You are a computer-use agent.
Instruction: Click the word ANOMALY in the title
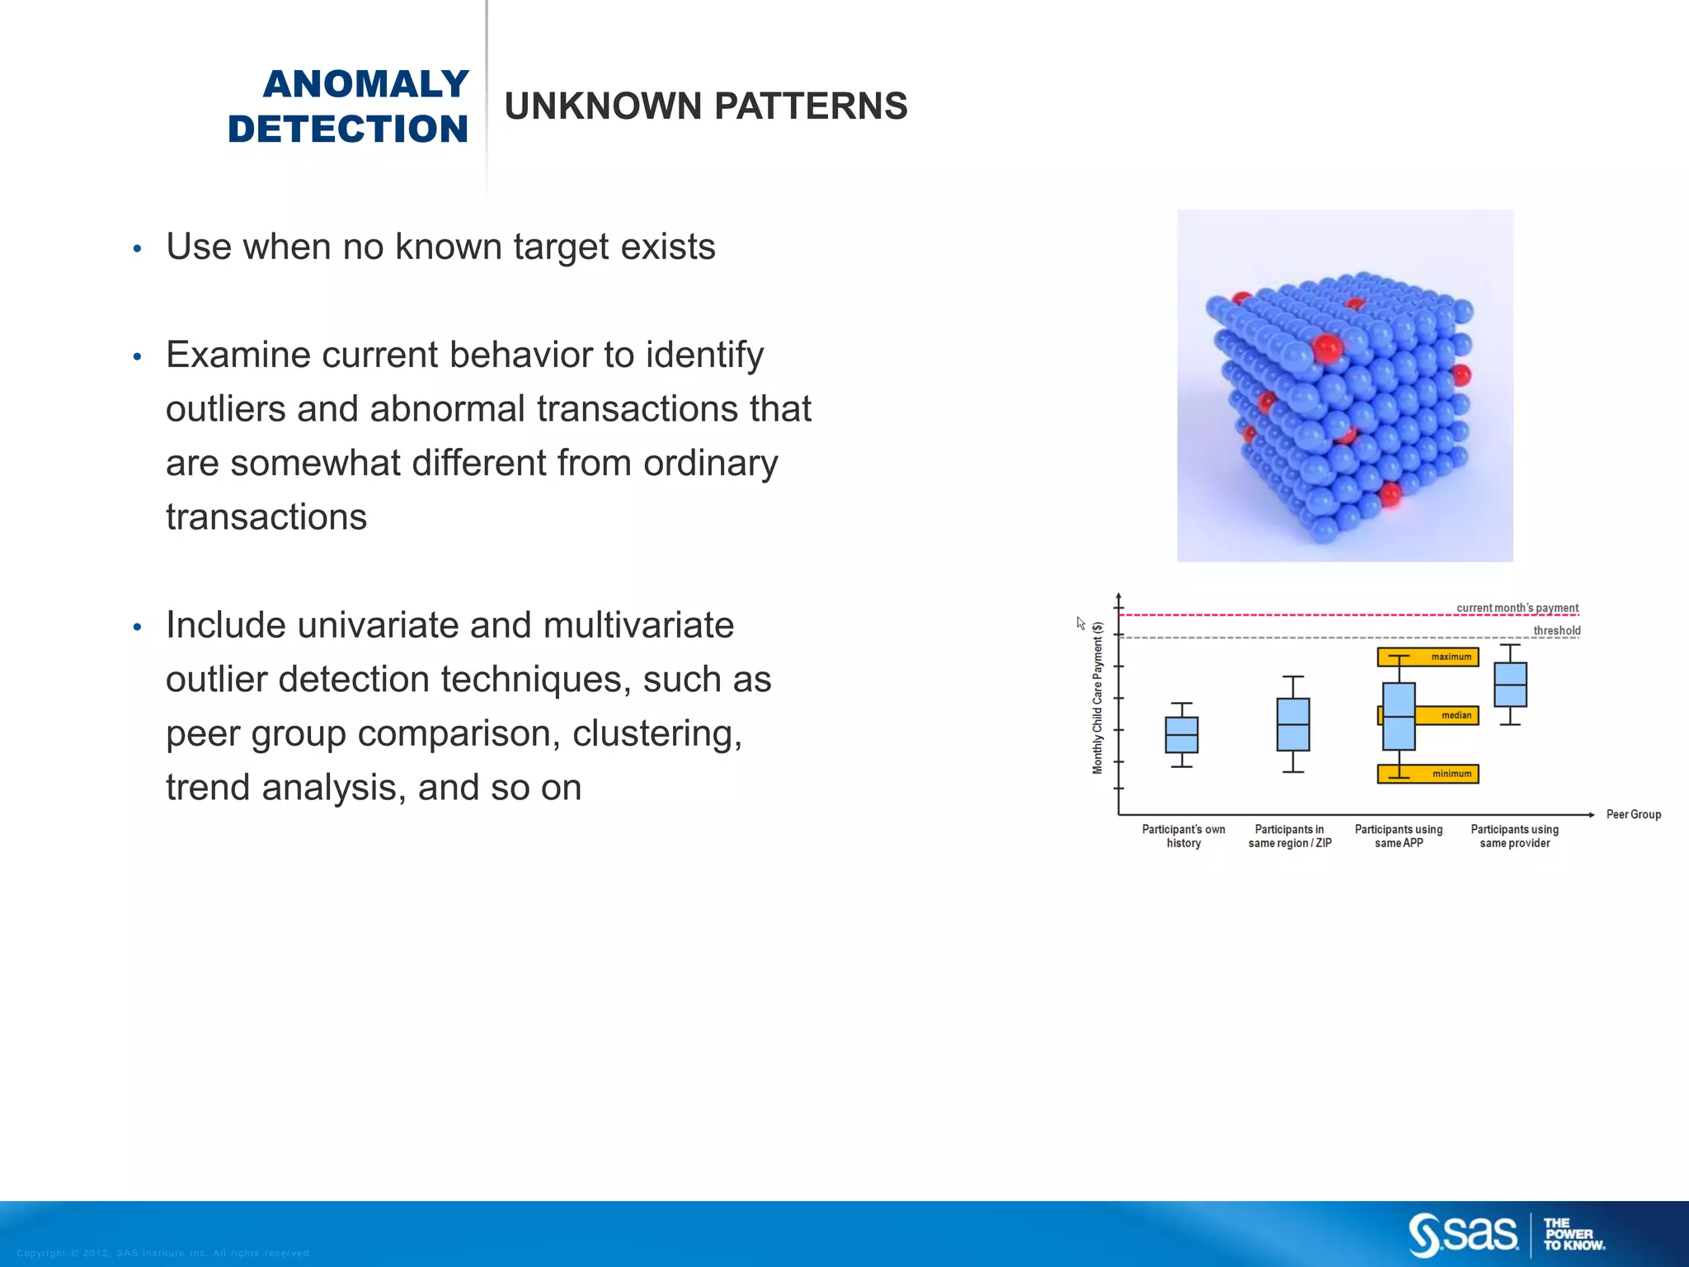coord(365,84)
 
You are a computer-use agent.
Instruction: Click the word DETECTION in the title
coord(348,130)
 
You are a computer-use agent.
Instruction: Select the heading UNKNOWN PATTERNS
coord(705,106)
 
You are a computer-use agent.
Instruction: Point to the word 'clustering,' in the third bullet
coord(656,733)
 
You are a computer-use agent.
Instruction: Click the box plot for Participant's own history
coord(1181,734)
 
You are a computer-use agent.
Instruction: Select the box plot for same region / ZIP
coord(1292,724)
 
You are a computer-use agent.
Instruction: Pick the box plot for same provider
coord(1510,684)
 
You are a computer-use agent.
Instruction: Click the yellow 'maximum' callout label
coord(1451,657)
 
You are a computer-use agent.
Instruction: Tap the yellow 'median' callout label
coord(1456,715)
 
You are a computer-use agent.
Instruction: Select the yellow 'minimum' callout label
coord(1451,774)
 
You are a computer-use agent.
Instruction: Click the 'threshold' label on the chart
coord(1556,631)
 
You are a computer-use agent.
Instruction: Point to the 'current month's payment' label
coord(1517,608)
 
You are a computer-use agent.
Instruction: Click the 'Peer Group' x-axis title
coord(1633,814)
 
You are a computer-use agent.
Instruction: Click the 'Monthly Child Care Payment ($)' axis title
coord(1097,697)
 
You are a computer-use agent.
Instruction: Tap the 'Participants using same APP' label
coord(1398,836)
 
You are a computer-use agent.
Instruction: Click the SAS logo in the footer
coord(1463,1234)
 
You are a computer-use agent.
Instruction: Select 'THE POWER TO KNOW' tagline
coord(1573,1234)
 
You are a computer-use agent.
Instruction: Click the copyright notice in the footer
coord(163,1253)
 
